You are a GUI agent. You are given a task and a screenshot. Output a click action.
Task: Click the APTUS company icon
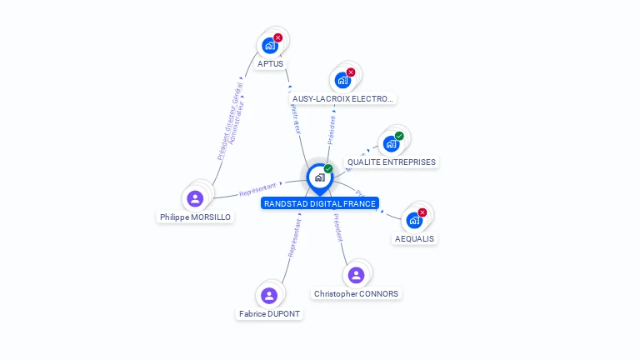(269, 45)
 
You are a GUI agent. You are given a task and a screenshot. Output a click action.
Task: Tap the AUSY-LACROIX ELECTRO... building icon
(342, 80)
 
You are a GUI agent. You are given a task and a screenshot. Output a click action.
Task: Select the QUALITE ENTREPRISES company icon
(391, 143)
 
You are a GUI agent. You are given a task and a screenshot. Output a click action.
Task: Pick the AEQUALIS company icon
(413, 220)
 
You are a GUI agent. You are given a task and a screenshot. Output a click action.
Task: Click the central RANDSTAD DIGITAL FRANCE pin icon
(319, 177)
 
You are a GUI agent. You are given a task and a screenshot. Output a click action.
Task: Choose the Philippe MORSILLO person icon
(195, 198)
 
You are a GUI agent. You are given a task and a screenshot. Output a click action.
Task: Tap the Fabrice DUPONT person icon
(269, 295)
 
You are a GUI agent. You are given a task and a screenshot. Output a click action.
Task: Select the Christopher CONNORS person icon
(356, 275)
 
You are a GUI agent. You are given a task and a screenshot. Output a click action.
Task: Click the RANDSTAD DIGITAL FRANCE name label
(320, 203)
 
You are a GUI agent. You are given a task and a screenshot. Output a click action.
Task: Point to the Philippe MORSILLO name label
(195, 217)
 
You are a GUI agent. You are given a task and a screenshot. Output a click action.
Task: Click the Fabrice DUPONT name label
(269, 314)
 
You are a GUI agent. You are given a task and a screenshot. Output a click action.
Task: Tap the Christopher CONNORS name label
(356, 294)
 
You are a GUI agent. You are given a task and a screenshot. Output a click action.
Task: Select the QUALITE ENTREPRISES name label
(391, 162)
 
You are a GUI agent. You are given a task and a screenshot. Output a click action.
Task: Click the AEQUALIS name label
(414, 239)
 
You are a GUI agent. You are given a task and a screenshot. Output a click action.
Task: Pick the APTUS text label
(270, 64)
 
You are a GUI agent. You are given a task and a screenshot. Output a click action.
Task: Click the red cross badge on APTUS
(278, 37)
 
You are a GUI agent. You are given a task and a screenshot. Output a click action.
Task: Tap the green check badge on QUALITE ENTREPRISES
(399, 136)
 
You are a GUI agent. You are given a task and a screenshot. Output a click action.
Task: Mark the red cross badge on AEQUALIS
(422, 212)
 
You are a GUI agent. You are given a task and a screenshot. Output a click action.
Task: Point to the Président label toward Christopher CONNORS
(337, 226)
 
